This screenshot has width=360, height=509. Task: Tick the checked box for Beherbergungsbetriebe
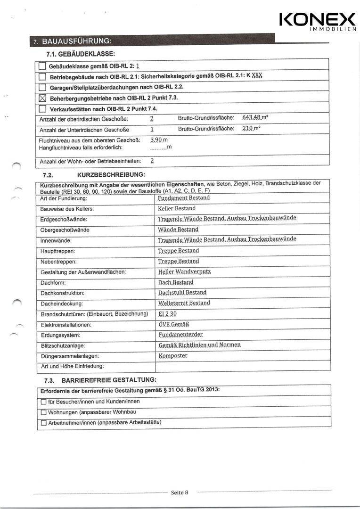tap(42, 99)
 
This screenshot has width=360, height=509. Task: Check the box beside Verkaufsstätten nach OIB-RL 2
tap(42, 109)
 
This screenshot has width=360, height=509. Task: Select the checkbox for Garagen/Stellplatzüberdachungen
tap(42, 88)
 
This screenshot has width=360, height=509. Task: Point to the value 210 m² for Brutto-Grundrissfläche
tap(252, 129)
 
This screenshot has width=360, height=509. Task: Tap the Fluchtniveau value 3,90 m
tap(159, 140)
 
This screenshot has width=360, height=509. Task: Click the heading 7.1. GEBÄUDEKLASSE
tap(81, 54)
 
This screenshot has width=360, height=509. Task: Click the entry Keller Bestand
tap(177, 208)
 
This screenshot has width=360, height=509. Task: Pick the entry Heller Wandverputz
tap(185, 272)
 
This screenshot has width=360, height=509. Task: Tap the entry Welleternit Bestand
tap(184, 303)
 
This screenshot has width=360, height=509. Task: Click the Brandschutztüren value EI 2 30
tap(167, 314)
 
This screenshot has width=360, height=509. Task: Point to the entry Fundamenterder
tap(180, 334)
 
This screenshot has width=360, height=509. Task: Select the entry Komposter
tap(173, 355)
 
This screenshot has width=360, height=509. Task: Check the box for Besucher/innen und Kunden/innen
tap(43, 402)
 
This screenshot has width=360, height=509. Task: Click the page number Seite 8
tap(180, 493)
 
